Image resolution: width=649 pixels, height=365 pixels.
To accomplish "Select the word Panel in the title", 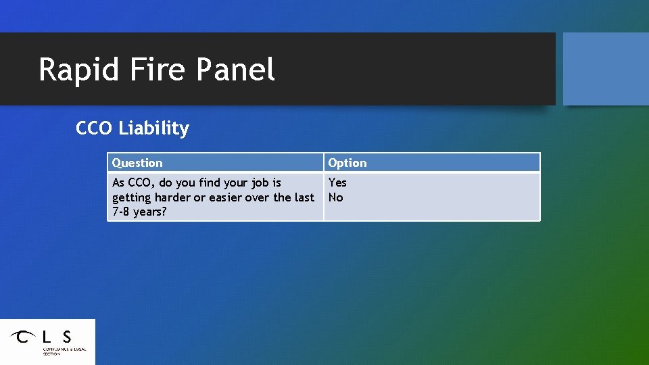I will (x=236, y=70).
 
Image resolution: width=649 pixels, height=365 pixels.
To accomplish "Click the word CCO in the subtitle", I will (x=95, y=128).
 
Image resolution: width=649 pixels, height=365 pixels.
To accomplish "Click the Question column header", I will (x=137, y=163).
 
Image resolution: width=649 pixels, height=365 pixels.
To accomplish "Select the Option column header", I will (x=347, y=163).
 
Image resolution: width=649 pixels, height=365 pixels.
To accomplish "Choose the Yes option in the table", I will (x=337, y=182).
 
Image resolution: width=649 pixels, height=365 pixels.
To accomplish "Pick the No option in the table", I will (x=336, y=197).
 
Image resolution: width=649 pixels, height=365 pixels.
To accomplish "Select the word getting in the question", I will (x=131, y=198).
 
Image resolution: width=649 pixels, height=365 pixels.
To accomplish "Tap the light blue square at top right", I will (x=605, y=69).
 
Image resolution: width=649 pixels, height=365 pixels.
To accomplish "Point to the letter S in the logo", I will (x=66, y=336).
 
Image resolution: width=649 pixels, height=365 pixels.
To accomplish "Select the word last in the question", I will (x=304, y=197).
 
